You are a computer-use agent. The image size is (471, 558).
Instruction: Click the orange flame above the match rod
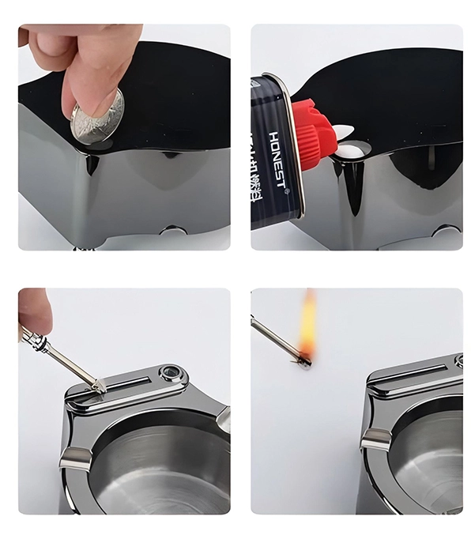pyautogui.click(x=307, y=324)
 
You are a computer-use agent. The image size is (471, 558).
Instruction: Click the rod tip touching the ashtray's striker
pyautogui.click(x=101, y=387)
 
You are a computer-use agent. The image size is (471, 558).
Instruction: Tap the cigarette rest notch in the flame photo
pyautogui.click(x=378, y=439)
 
